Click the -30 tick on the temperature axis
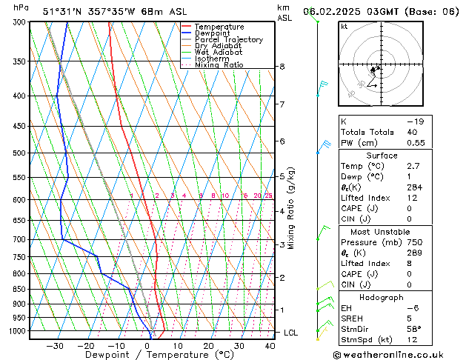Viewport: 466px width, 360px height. pyautogui.click(x=54, y=345)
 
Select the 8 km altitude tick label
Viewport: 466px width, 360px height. pyautogui.click(x=282, y=67)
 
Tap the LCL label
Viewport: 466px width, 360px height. pyautogui.click(x=290, y=333)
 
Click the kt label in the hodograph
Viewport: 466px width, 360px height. pyautogui.click(x=344, y=26)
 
